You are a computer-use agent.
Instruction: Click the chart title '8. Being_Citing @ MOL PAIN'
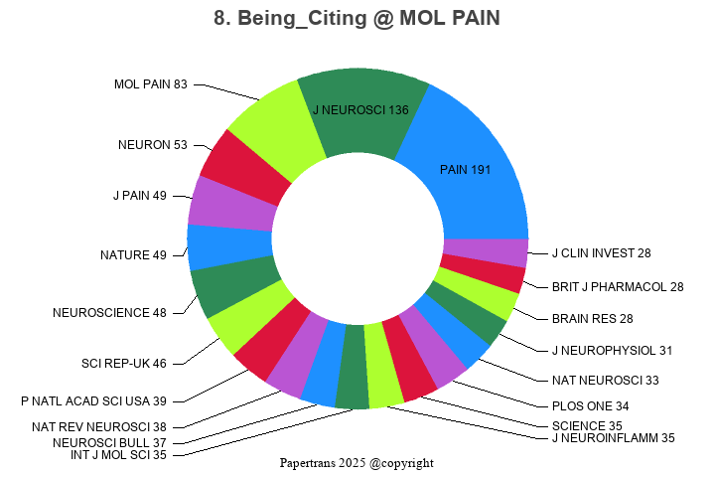(357, 19)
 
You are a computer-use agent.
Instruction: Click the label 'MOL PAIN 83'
(150, 84)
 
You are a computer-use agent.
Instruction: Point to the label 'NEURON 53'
(152, 145)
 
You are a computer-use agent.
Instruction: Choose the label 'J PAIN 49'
(139, 196)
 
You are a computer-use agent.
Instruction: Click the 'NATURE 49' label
(133, 255)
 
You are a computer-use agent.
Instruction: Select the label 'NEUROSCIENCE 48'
(109, 313)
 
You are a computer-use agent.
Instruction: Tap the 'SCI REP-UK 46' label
(123, 363)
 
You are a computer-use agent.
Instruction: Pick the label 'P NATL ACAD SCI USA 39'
(93, 401)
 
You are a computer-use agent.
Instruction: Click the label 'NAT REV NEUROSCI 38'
(99, 427)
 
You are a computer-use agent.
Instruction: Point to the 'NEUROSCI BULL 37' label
(109, 442)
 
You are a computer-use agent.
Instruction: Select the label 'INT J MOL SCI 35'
(118, 455)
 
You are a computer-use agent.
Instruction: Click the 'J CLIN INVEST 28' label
(601, 253)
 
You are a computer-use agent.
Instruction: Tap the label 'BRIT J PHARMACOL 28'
(618, 287)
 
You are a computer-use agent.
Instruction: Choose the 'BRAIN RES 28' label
(592, 319)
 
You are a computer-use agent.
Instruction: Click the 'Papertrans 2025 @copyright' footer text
(357, 463)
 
